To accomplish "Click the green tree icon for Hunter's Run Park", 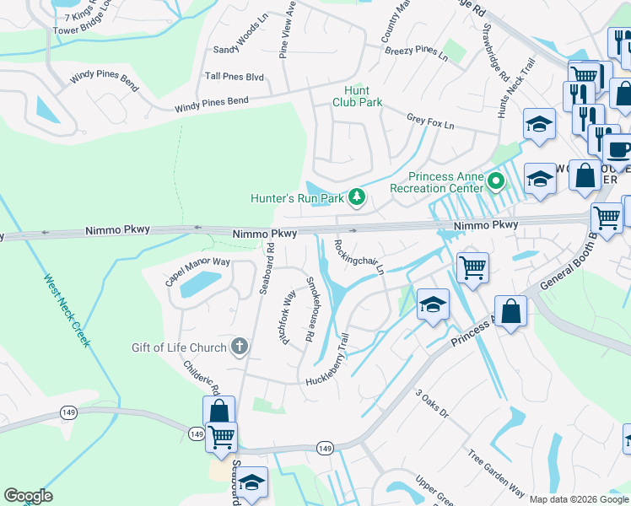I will (358, 197).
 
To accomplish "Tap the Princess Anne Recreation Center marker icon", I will (497, 181).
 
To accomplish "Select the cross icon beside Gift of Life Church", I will (240, 347).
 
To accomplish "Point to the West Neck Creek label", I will (67, 311).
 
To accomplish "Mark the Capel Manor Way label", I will (197, 272).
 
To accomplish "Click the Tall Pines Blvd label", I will (235, 77).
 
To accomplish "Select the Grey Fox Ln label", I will (430, 122).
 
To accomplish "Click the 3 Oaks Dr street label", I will (431, 405).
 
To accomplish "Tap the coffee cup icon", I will (618, 150).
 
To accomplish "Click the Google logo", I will (28, 496).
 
